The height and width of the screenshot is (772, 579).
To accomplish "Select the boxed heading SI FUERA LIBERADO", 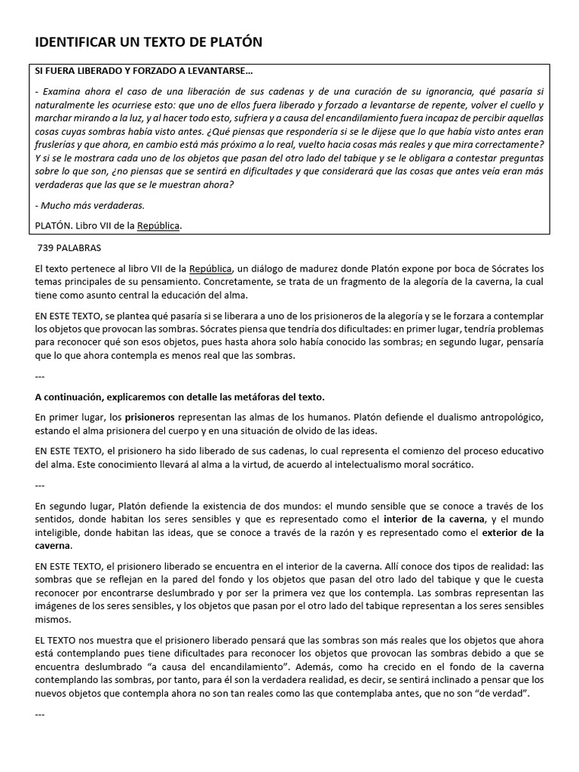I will tap(144, 72).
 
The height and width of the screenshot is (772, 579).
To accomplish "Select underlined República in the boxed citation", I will tap(158, 225).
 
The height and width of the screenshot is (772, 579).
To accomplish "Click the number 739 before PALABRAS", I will tap(47, 248).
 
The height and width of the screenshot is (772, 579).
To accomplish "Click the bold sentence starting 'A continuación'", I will tap(179, 397).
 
